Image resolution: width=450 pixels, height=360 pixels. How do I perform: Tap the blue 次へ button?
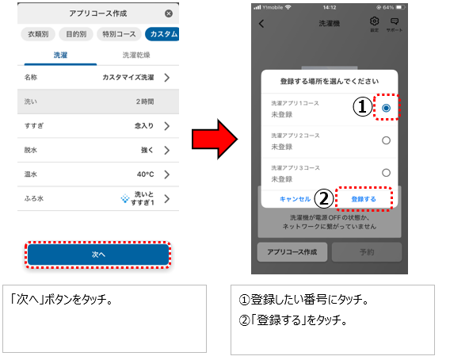pyautogui.click(x=98, y=255)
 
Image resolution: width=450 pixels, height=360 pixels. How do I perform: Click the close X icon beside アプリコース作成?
pyautogui.click(x=169, y=13)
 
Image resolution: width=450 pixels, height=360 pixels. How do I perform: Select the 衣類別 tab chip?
pyautogui.click(x=38, y=34)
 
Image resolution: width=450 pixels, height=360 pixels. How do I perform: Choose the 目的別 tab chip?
pyautogui.click(x=76, y=34)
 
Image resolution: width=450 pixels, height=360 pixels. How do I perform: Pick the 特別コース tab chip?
pyautogui.click(x=119, y=34)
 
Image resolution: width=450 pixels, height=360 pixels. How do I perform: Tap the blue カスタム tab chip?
pyautogui.click(x=162, y=34)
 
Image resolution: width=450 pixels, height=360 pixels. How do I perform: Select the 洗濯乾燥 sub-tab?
pyautogui.click(x=136, y=55)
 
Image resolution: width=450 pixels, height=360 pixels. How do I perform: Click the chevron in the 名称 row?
pyautogui.click(x=167, y=77)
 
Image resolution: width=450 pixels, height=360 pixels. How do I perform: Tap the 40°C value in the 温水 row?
pyautogui.click(x=145, y=174)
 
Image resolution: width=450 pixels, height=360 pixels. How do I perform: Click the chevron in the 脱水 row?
pyautogui.click(x=167, y=150)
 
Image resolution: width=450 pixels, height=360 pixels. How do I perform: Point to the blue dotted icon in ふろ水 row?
pyautogui.click(x=125, y=198)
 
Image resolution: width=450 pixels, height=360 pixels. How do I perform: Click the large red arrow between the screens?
pyautogui.click(x=215, y=140)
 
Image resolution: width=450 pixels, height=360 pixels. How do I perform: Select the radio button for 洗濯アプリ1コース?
pyautogui.click(x=387, y=108)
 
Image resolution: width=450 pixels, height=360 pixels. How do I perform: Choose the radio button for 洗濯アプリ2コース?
pyautogui.click(x=387, y=140)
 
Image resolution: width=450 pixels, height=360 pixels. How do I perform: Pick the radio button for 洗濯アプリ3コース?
pyautogui.click(x=387, y=173)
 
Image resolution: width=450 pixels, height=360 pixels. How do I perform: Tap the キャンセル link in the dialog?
pyautogui.click(x=295, y=199)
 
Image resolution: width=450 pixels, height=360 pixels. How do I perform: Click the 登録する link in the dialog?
pyautogui.click(x=364, y=199)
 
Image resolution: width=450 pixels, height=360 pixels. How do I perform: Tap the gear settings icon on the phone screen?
pyautogui.click(x=374, y=21)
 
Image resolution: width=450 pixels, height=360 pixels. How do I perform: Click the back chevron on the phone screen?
pyautogui.click(x=261, y=24)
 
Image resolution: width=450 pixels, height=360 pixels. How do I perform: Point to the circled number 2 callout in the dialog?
pyautogui.click(x=324, y=199)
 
